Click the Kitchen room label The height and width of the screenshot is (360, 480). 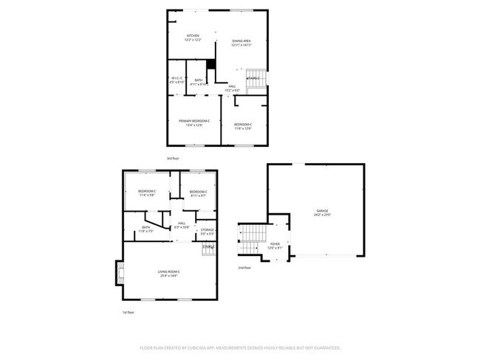[x=193, y=38]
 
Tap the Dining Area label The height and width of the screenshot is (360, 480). [x=241, y=43]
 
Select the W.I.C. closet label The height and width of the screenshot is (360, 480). [x=176, y=81]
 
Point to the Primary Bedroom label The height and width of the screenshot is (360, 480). [x=194, y=122]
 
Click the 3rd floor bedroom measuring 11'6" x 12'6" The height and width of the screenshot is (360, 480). [x=243, y=126]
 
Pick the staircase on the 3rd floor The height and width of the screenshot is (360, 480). [x=256, y=81]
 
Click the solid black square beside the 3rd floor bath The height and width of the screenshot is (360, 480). [x=210, y=63]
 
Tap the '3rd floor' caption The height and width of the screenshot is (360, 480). [x=172, y=158]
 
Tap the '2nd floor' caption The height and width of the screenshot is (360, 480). [x=244, y=267]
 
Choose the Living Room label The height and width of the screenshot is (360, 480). [x=169, y=274]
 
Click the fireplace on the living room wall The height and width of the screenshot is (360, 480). [x=117, y=274]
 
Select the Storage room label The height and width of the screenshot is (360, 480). [x=208, y=232]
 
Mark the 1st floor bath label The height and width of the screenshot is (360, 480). [x=145, y=229]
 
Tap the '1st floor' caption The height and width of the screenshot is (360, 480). [x=128, y=313]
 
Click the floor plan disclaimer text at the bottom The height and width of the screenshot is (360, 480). [x=239, y=347]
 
